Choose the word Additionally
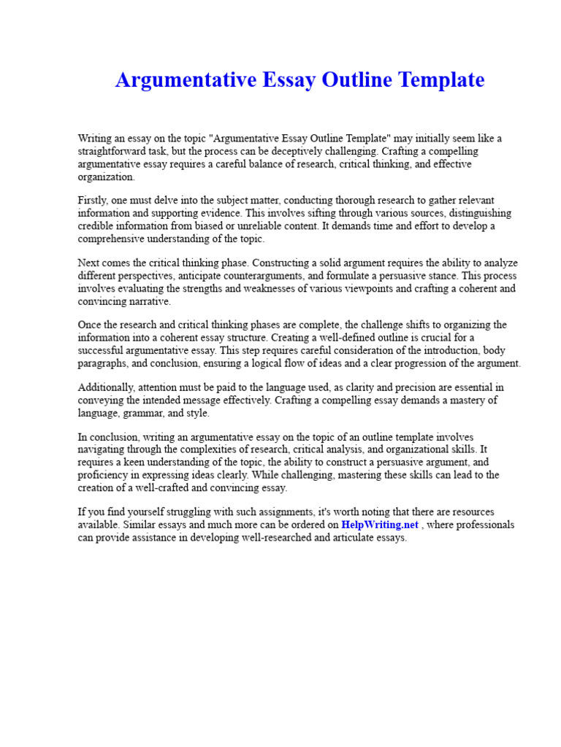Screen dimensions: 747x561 [x=106, y=387]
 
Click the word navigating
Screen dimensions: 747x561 [x=102, y=450]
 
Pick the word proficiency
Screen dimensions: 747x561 [x=102, y=475]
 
